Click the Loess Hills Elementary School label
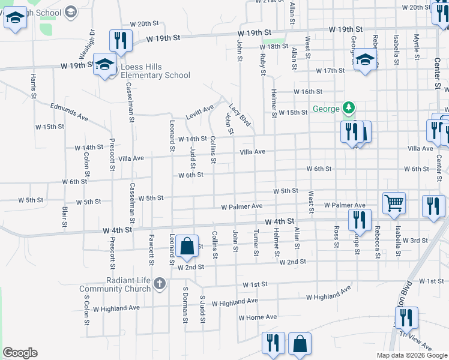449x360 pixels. pos(155,71)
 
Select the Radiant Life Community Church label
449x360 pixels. pos(115,284)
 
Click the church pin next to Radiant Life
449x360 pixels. pos(159,284)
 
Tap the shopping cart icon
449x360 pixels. pos(394,203)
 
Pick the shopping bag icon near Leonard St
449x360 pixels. pos(187,246)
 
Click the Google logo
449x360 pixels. pos(20,353)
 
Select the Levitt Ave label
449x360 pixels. pos(200,112)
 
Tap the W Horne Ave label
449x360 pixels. pos(258,317)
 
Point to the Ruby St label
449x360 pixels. pos(263,64)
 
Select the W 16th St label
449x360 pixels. pos(308,92)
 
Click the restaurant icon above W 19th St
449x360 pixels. pos(121,41)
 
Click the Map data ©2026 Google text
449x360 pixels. pos(411,355)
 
